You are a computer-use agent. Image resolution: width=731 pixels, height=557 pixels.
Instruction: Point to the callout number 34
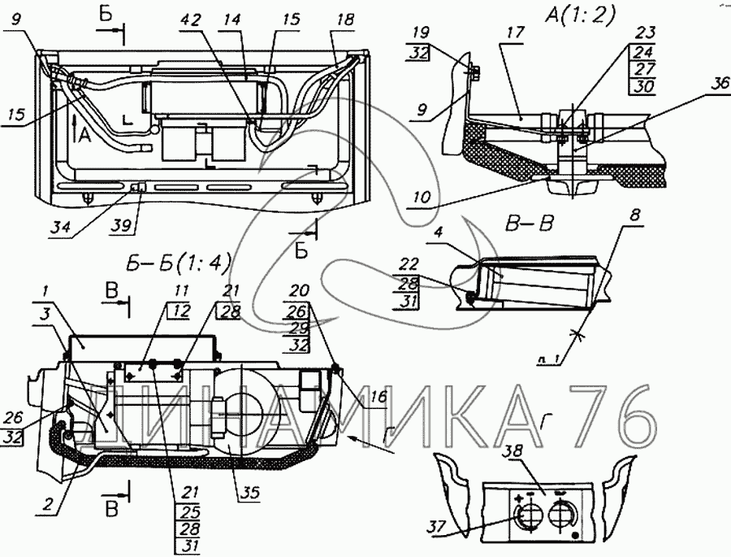[82, 228]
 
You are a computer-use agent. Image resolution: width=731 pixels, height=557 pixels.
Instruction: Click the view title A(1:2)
[579, 15]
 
